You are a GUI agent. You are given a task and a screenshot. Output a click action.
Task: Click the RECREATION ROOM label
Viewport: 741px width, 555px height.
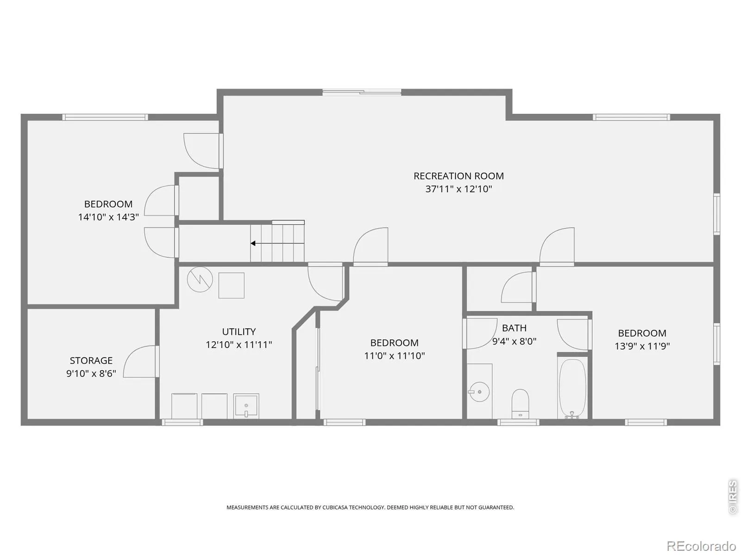coord(458,176)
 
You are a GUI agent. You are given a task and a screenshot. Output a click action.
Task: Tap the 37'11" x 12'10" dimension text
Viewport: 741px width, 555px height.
coord(458,189)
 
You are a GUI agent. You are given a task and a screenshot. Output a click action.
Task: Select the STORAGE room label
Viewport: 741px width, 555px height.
coord(91,361)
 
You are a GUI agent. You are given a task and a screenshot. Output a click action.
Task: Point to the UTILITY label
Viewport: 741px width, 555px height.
coord(239,332)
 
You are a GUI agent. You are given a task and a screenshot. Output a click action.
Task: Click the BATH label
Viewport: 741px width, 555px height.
coord(514,328)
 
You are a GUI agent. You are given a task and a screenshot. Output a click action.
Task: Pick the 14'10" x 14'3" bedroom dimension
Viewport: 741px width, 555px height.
coord(108,217)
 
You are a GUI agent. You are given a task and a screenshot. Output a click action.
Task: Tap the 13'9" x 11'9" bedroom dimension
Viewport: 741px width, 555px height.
coord(642,346)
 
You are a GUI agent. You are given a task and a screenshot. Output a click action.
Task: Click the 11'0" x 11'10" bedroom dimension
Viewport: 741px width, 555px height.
coord(394,356)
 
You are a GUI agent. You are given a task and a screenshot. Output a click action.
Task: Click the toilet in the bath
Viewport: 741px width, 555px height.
coord(520,404)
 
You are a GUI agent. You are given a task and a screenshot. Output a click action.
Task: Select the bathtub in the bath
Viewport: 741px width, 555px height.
coord(572,389)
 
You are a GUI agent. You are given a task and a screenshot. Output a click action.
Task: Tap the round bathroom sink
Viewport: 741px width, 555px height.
coord(479,392)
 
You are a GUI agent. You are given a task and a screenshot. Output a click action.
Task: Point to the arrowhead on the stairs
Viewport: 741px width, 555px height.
coord(253,243)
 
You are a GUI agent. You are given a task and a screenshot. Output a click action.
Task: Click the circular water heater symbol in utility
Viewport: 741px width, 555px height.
coord(200,279)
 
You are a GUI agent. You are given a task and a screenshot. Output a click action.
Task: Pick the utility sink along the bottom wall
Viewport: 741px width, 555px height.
coord(246,406)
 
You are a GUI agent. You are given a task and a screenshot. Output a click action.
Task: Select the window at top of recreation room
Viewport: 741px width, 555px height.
coord(362,92)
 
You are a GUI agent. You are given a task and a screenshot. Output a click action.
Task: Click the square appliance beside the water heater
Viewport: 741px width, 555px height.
coord(231,285)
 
